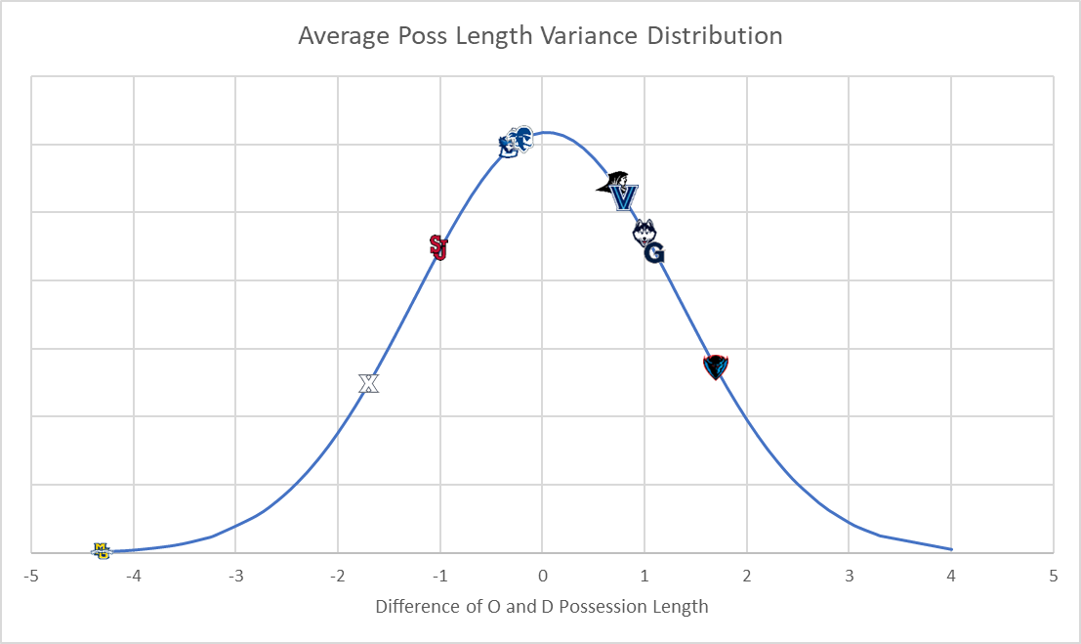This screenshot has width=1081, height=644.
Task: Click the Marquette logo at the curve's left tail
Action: click(102, 551)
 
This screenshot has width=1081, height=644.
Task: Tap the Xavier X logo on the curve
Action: click(368, 383)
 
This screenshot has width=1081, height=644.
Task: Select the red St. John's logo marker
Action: click(438, 247)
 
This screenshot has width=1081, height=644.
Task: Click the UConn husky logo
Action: click(644, 232)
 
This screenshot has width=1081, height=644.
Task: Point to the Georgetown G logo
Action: click(654, 253)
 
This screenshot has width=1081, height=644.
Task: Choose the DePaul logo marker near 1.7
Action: click(716, 366)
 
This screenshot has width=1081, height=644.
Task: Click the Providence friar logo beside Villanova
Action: click(612, 183)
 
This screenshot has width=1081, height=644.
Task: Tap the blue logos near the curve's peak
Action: click(516, 143)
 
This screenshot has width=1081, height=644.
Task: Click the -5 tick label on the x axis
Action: click(31, 575)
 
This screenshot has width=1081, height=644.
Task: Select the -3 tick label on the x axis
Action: click(235, 575)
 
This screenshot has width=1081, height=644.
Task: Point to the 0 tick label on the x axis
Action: click(542, 575)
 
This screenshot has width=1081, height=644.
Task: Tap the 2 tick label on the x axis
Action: click(747, 575)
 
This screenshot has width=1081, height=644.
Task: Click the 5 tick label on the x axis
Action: click(1053, 575)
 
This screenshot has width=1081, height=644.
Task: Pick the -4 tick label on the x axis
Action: click(133, 575)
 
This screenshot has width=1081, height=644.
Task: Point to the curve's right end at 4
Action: click(950, 549)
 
